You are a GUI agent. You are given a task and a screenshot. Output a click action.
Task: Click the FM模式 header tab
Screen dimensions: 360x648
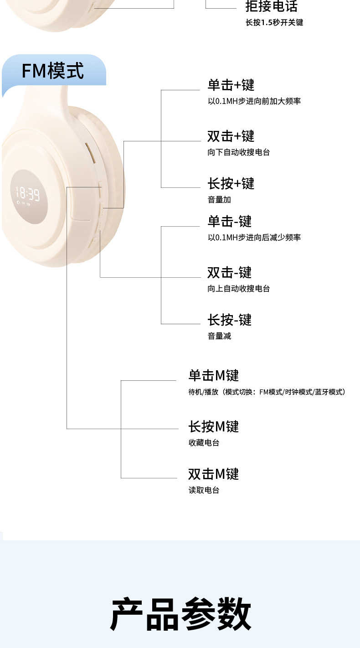[53, 71]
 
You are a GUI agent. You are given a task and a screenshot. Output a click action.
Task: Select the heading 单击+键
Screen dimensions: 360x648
[231, 85]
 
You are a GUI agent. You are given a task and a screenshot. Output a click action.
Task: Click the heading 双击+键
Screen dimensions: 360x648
[231, 136]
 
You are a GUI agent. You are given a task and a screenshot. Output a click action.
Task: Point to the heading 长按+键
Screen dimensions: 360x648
[231, 184]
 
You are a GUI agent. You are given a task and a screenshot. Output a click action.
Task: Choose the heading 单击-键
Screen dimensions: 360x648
[229, 222]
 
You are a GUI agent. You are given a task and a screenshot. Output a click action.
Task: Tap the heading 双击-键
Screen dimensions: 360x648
[229, 273]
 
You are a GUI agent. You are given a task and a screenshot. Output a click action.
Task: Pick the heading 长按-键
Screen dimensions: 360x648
[229, 320]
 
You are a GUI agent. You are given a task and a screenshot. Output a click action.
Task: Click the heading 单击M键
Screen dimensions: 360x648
[213, 376]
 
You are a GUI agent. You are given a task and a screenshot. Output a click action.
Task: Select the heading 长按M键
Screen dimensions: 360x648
[213, 427]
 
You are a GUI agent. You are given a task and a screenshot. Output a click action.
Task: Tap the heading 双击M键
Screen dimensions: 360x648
[213, 474]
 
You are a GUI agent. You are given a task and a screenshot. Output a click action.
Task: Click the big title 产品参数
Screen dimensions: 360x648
[180, 614]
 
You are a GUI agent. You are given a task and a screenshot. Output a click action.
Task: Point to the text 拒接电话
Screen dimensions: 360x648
[271, 6]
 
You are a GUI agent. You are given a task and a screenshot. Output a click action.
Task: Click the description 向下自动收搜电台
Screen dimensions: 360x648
[239, 152]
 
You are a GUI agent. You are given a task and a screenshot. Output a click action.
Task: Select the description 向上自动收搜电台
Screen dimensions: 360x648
[239, 289]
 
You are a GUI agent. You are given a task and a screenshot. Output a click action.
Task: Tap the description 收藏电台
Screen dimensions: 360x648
[204, 443]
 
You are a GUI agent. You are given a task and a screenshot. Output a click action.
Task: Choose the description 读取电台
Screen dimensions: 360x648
[204, 490]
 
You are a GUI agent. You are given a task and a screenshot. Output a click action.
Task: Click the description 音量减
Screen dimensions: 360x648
[219, 336]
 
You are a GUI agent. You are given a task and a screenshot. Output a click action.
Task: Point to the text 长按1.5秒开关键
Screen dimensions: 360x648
[274, 22]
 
